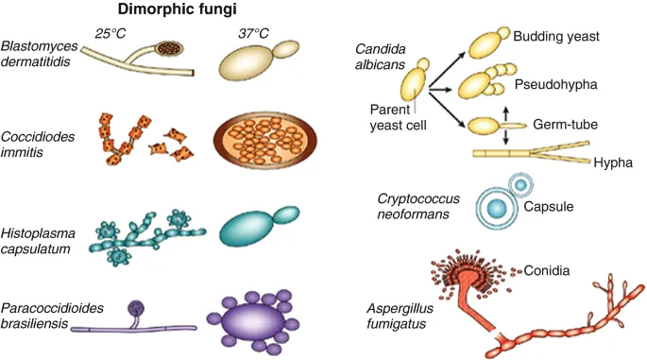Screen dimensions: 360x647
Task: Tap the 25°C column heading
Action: (x=112, y=33)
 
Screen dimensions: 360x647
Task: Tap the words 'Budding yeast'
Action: (x=557, y=36)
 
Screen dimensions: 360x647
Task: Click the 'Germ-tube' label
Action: (x=565, y=124)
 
